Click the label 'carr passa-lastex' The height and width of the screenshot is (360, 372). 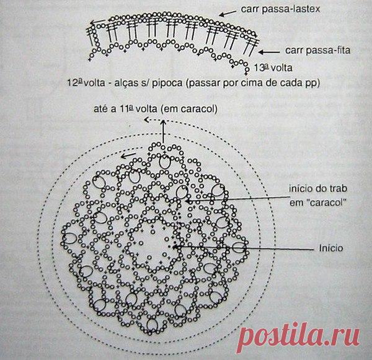[280, 9]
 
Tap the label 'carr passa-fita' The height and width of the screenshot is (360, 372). [317, 50]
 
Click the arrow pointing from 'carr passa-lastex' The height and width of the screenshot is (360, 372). [228, 13]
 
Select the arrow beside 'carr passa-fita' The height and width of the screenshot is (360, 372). [269, 52]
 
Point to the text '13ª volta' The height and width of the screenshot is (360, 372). [273, 68]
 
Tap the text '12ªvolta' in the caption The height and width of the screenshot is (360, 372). [86, 83]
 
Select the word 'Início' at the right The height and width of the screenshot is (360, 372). [330, 248]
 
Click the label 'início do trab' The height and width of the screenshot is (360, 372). [318, 189]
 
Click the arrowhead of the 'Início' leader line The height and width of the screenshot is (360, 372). [174, 247]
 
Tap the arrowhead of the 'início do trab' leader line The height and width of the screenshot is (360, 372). [187, 201]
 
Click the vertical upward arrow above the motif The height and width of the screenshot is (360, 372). [163, 131]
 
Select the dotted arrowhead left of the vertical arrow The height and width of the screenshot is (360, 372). [146, 120]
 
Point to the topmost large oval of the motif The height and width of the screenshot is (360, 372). [165, 162]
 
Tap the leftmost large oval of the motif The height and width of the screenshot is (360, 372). [69, 238]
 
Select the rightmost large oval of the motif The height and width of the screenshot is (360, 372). [239, 248]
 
